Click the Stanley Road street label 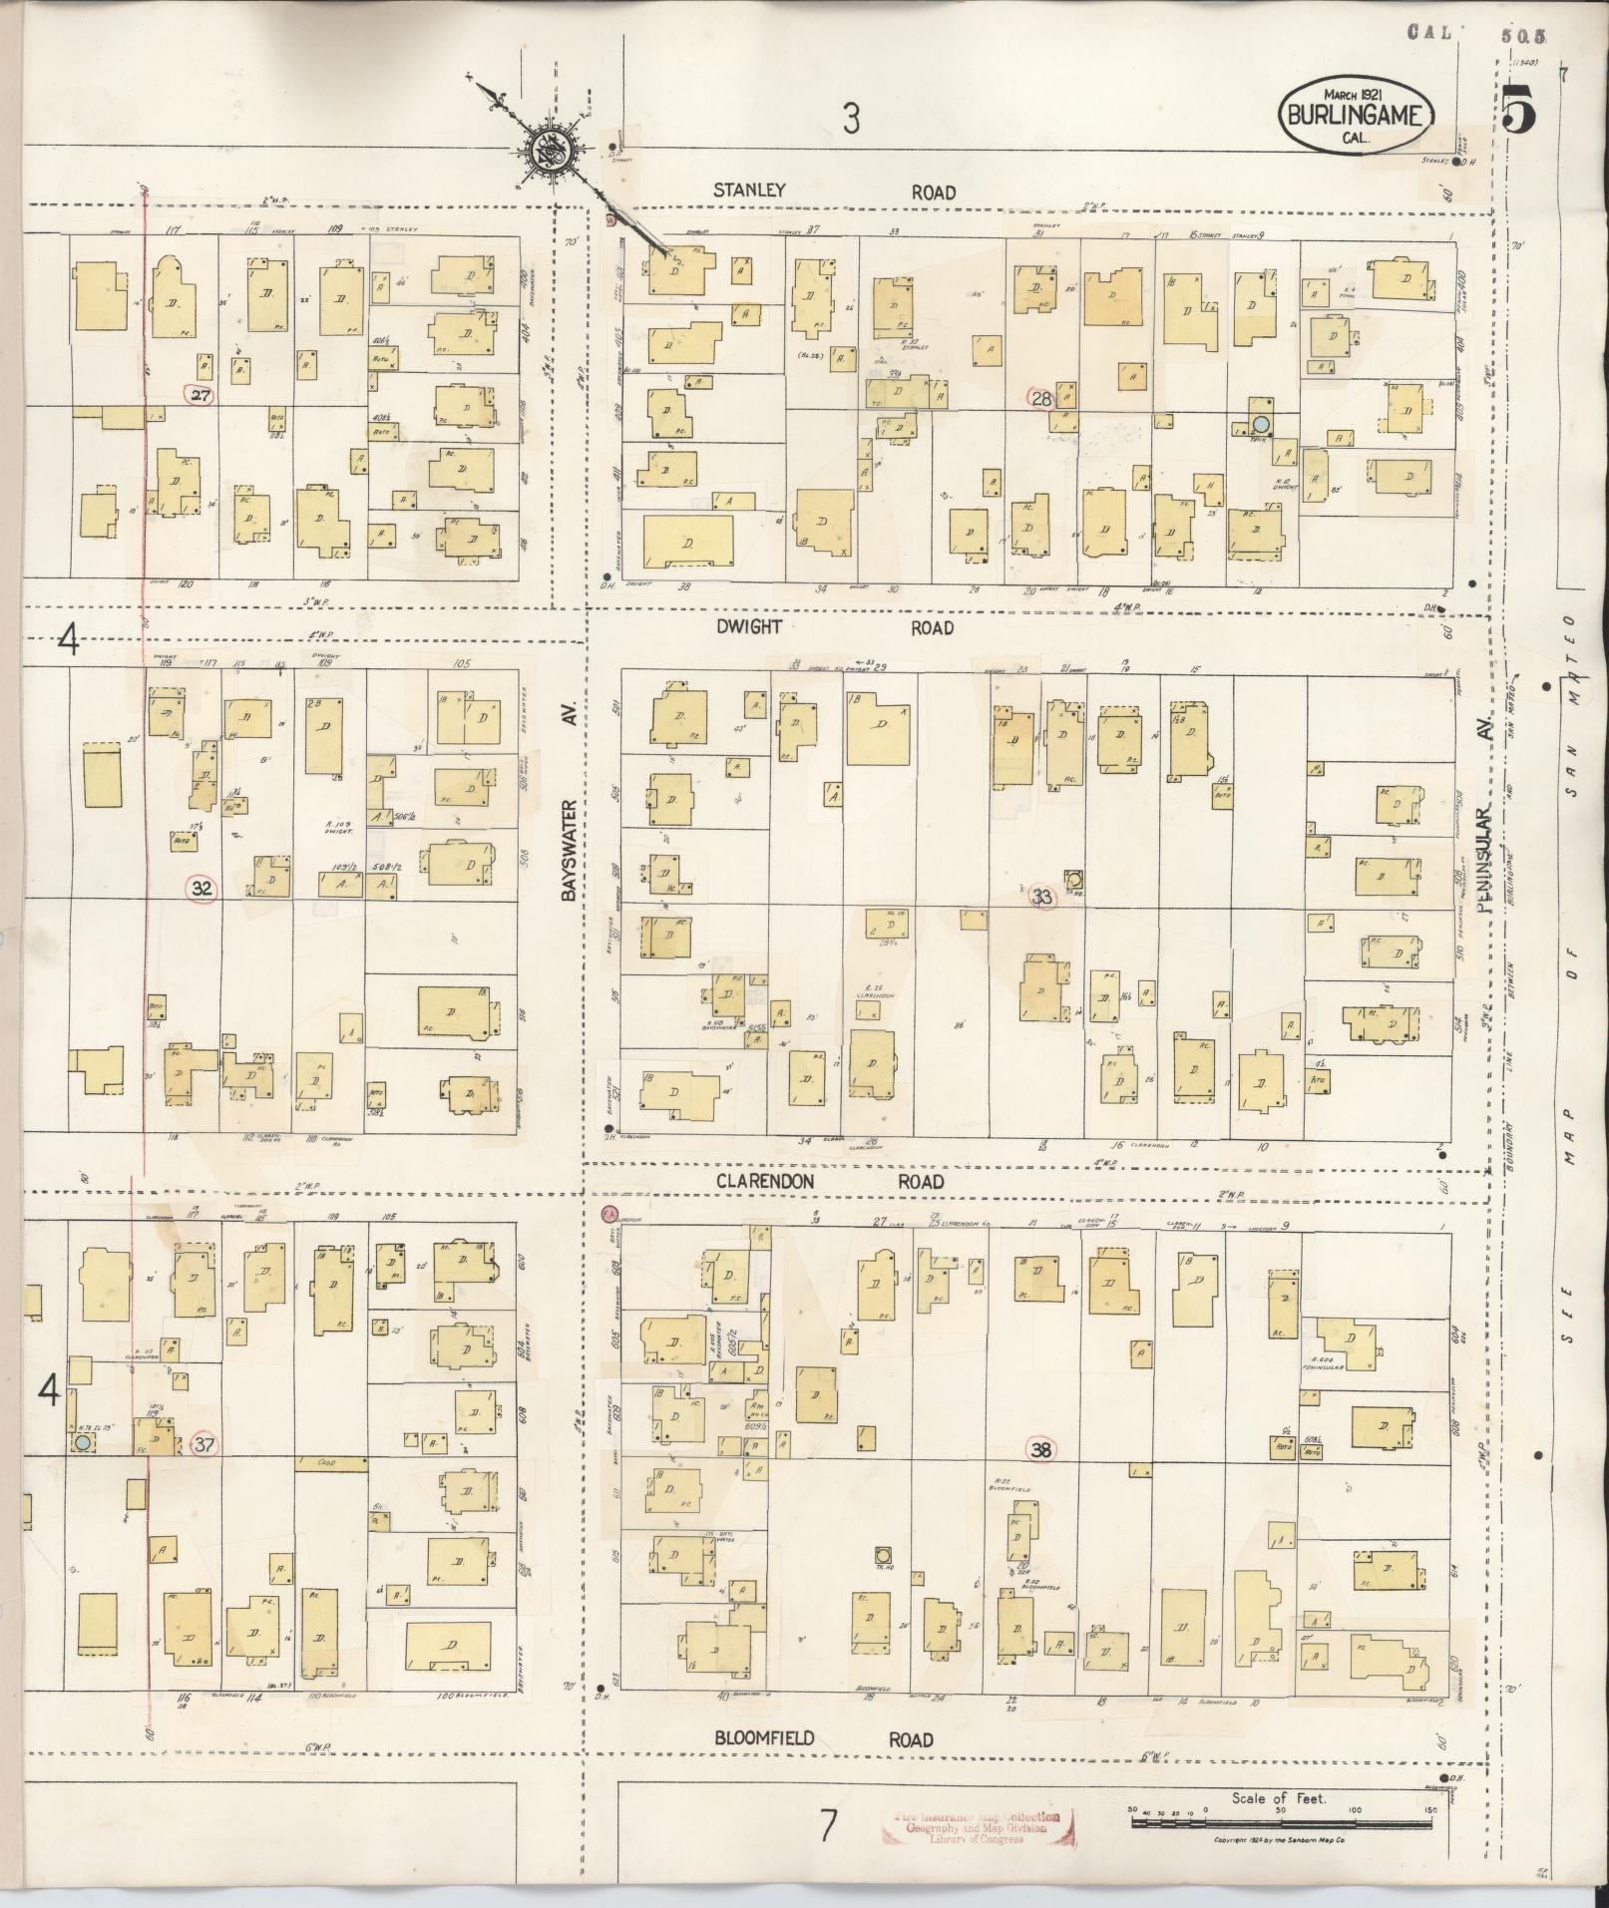coord(834,191)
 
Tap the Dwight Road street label coord(834,627)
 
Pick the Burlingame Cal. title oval coord(1355,115)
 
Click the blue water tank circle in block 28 coord(1261,424)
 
